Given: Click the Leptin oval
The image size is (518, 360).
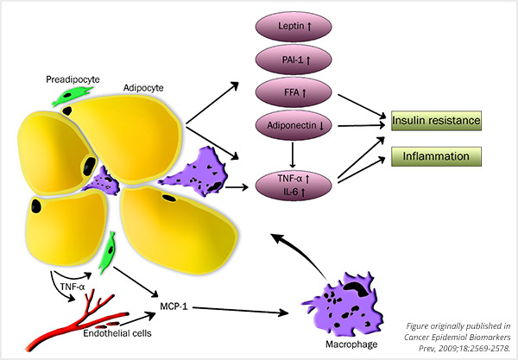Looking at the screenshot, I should [296, 29].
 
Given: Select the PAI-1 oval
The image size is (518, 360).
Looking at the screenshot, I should [296, 60].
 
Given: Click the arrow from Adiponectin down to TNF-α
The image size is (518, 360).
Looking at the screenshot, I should [296, 156].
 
